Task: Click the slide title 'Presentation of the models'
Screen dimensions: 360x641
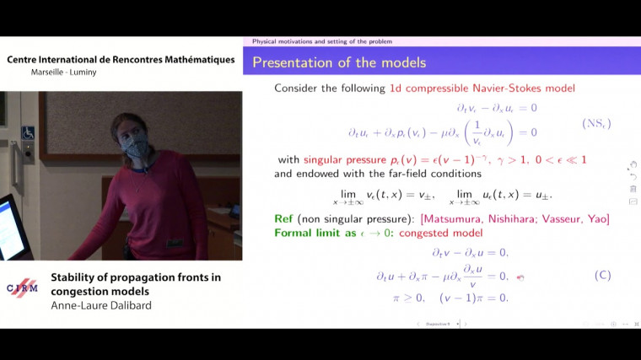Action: pos(339,62)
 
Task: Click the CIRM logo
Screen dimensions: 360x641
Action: pos(23,287)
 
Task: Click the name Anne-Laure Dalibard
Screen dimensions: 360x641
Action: pos(100,295)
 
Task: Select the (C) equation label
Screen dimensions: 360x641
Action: pos(602,275)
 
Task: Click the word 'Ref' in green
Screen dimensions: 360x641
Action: pos(283,219)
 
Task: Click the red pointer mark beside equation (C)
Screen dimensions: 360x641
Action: pos(520,277)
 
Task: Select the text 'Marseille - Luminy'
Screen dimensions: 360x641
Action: pos(64,72)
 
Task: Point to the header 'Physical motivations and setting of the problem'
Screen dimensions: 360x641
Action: pos(321,41)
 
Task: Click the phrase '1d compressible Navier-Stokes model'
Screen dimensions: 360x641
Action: pos(482,89)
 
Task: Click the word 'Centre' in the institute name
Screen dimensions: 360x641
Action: pos(26,59)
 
